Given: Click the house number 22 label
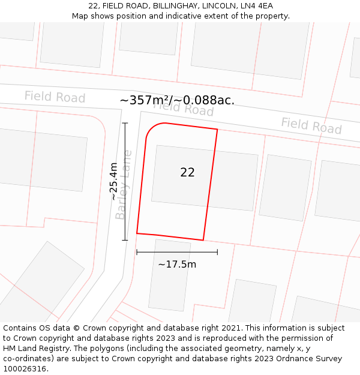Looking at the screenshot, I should (187, 172).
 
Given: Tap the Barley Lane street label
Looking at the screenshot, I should (123, 185).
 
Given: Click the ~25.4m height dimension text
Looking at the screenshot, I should (113, 182).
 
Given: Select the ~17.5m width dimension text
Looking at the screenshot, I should (177, 264).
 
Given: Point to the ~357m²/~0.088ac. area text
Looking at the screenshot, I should (177, 100).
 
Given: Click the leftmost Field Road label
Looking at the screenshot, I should (55, 97).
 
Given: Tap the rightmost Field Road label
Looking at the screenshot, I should (311, 125).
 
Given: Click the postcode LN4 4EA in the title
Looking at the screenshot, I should (256, 6).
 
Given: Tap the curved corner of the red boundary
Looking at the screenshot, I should (152, 129).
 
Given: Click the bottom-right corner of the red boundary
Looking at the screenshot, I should (203, 240).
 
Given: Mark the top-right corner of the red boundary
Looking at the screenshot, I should (217, 129).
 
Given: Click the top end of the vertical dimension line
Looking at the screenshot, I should (125, 123).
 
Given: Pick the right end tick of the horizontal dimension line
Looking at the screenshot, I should (217, 252).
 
